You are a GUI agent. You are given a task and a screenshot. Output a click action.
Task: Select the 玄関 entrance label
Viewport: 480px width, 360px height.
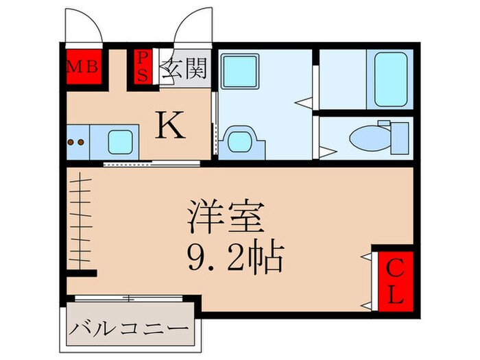pyautogui.click(x=182, y=69)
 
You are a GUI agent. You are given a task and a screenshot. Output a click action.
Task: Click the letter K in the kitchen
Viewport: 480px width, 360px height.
pyautogui.click(x=171, y=125)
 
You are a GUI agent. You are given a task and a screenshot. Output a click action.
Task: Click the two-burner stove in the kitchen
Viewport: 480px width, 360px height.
pyautogui.click(x=76, y=143)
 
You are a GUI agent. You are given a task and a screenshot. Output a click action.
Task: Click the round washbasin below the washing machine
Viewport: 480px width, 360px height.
pyautogui.click(x=241, y=141)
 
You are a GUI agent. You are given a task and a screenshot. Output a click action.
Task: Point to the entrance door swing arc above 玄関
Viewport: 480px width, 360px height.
pyautogui.click(x=192, y=27)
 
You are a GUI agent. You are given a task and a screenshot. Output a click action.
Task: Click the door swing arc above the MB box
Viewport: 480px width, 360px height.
pyautogui.click(x=84, y=27)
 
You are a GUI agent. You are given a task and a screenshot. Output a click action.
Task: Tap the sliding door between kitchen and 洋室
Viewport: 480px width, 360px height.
pyautogui.click(x=152, y=163)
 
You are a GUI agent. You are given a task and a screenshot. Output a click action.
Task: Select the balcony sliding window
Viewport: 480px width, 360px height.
pyautogui.click(x=130, y=298)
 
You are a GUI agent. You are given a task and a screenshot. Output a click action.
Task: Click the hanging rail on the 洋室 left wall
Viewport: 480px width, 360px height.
pyautogui.click(x=82, y=217)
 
